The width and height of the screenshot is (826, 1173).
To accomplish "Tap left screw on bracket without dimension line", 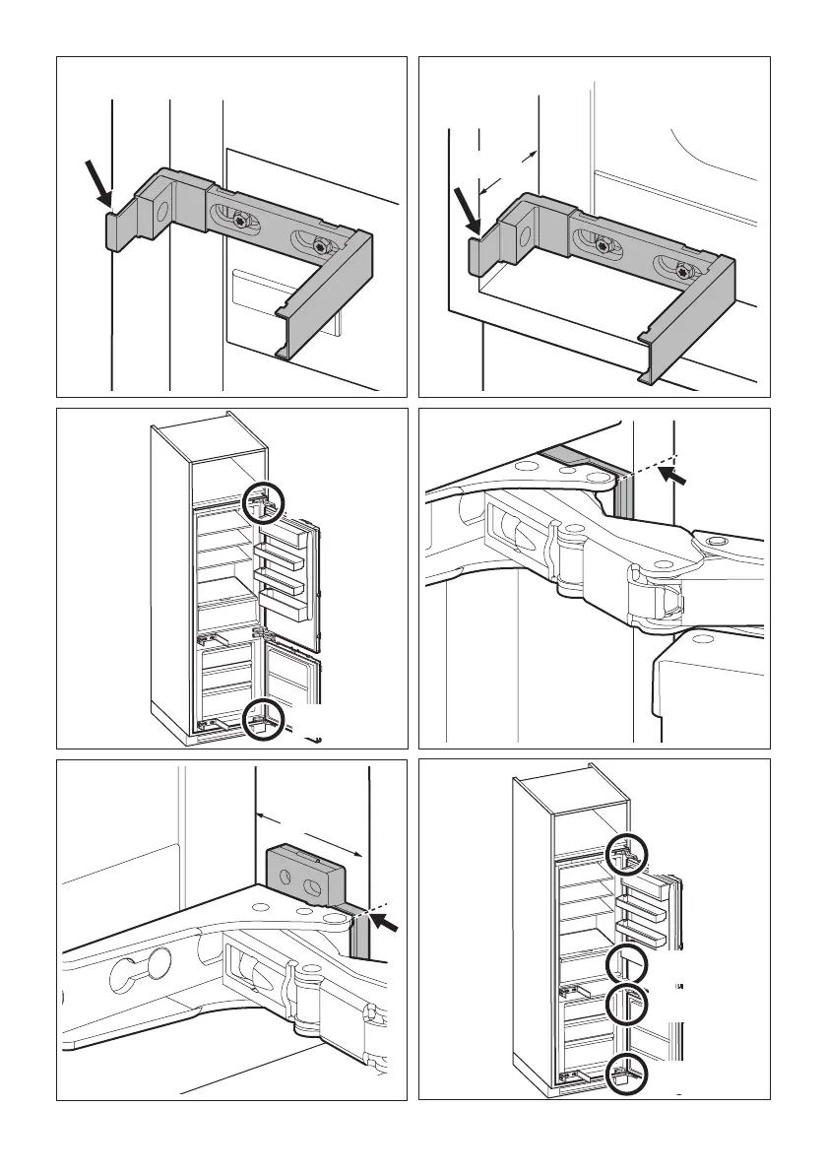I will click(240, 224).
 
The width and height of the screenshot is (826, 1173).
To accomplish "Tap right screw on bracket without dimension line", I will click(317, 244).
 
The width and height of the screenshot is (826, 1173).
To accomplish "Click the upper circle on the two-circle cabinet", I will click(264, 505).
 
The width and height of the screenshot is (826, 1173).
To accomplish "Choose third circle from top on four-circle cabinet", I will click(626, 1004).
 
